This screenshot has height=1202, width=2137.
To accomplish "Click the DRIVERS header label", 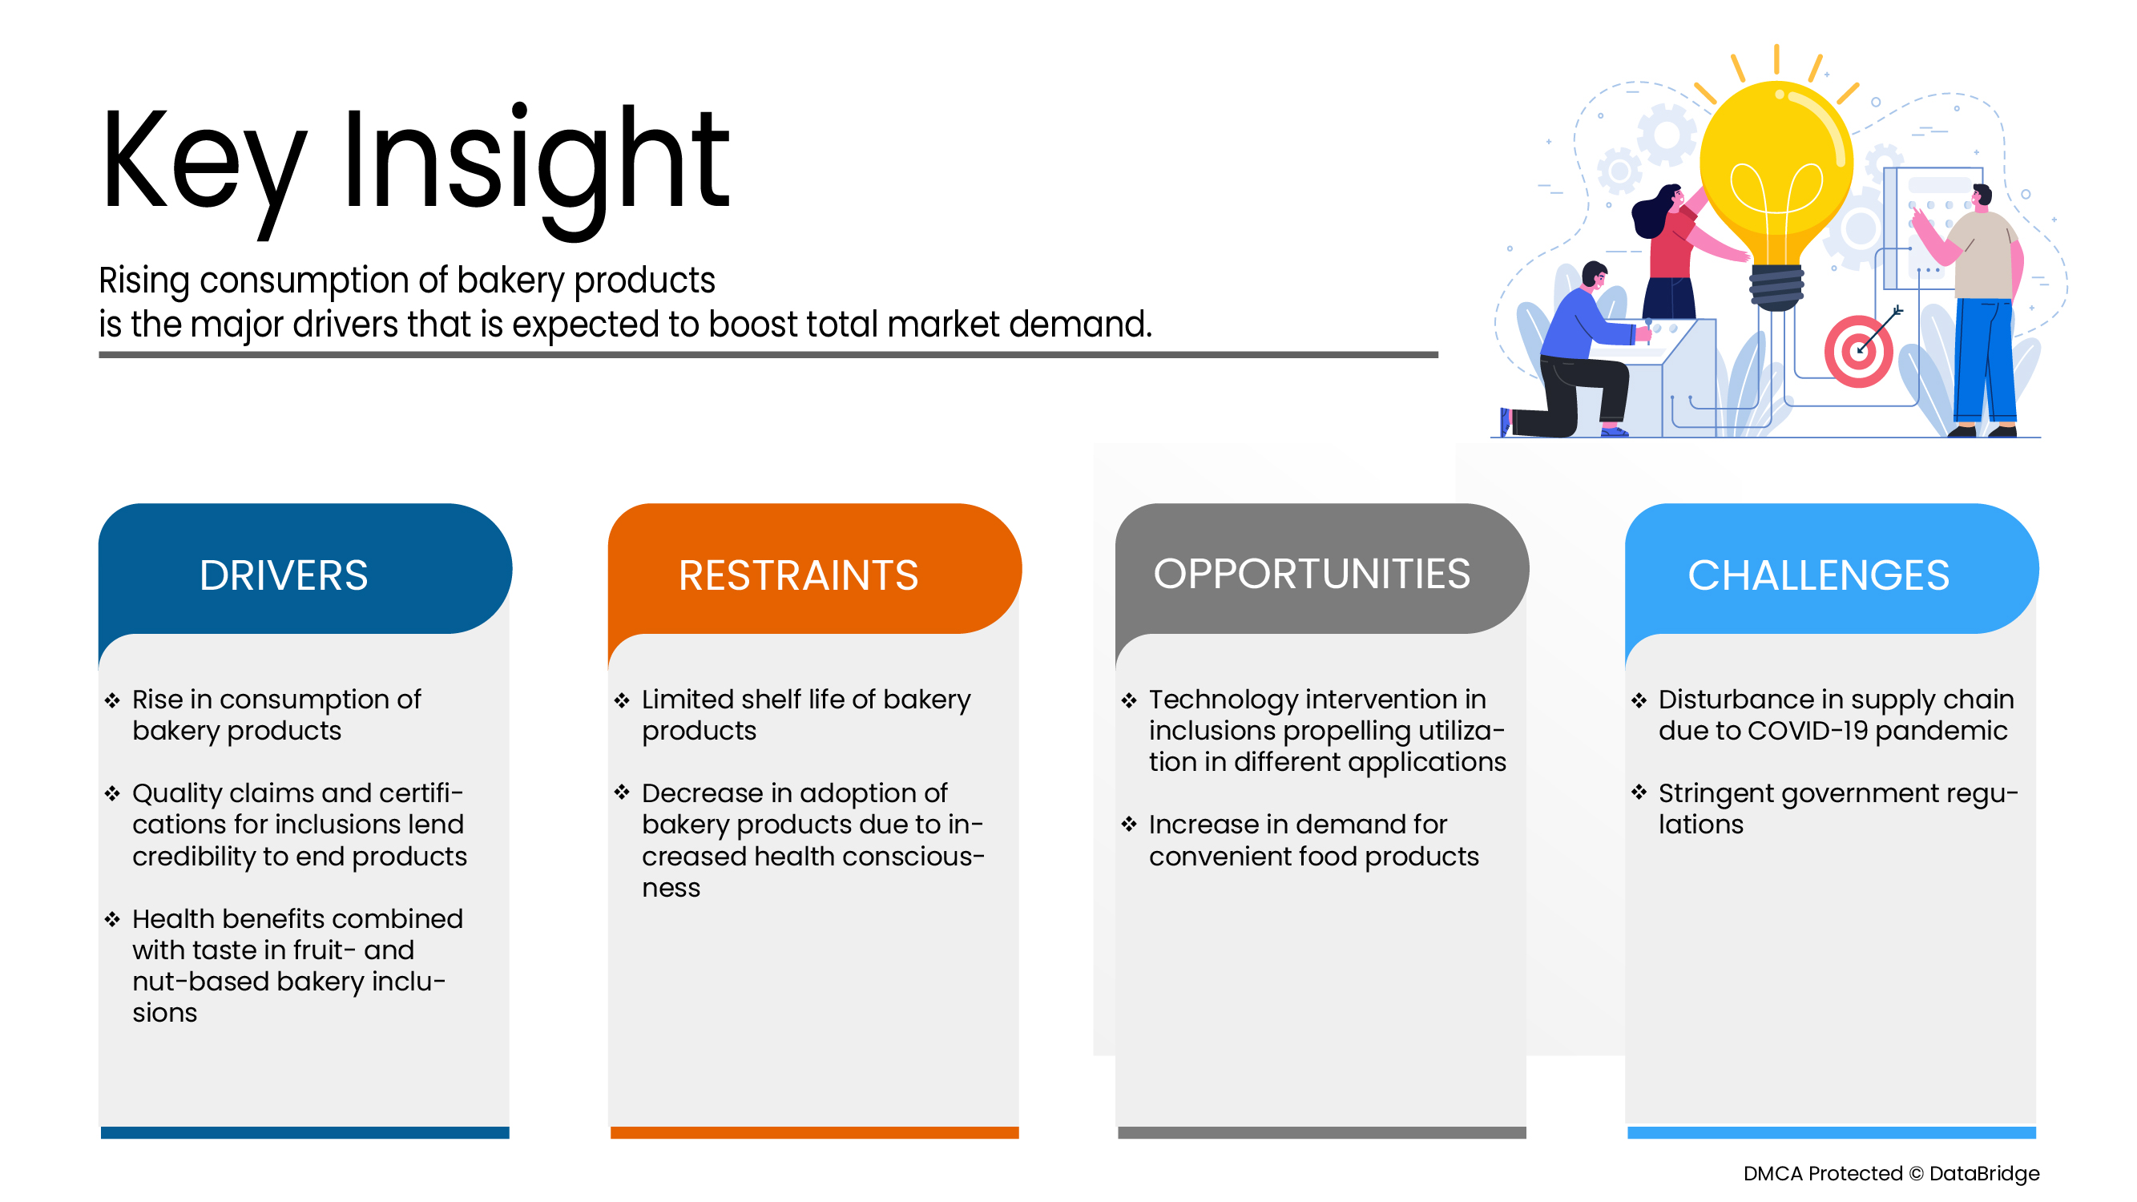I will (x=283, y=575).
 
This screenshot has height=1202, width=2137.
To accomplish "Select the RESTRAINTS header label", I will (x=798, y=575).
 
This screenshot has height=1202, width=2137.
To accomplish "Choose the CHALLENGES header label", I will (x=1817, y=575).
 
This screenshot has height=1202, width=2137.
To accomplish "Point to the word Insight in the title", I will (x=535, y=162).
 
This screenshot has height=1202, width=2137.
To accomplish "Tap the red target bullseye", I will (x=1857, y=352).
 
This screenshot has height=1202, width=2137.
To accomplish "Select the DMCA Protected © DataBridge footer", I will (x=1891, y=1173).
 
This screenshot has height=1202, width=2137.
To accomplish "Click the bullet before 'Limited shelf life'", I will (x=622, y=701).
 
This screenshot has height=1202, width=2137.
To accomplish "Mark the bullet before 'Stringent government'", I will (x=1639, y=793).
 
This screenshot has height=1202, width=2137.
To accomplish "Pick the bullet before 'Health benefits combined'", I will (x=112, y=919).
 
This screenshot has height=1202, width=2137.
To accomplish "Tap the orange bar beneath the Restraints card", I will (x=814, y=1132).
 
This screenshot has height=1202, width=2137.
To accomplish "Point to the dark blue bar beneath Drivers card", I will (x=304, y=1132).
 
